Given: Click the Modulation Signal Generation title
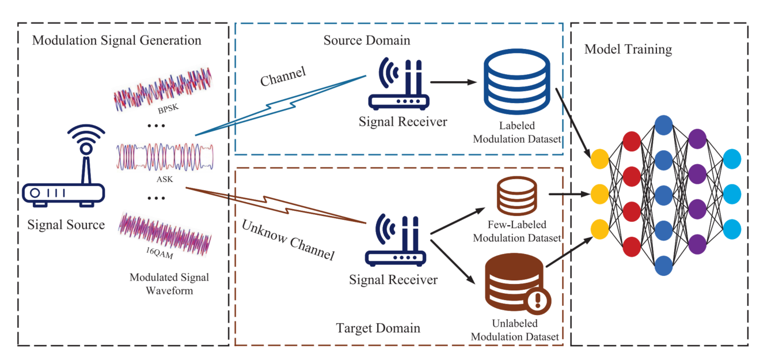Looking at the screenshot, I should coord(117,40).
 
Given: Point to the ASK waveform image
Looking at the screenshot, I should coord(164,156).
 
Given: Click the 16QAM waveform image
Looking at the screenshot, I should coord(164,231).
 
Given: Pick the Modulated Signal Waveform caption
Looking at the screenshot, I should coord(169,284).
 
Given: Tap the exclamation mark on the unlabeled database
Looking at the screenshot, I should coord(539,300).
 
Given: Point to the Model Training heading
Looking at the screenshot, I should coord(628,50).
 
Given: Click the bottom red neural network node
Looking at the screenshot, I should coord(631,247).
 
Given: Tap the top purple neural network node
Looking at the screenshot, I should coord(697,139).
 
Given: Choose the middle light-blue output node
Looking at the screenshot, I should coord(732,192).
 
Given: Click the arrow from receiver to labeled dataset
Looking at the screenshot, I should coord(452,82).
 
